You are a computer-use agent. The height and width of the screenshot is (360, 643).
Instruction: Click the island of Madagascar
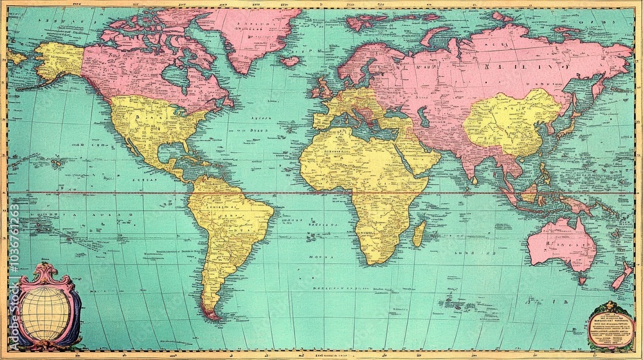(x=419, y=233)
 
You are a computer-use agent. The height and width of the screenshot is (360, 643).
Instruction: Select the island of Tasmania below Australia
(x=582, y=280)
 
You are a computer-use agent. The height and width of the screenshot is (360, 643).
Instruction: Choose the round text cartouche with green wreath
(x=610, y=325)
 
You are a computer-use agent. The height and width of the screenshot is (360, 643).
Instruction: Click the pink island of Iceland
(x=291, y=61)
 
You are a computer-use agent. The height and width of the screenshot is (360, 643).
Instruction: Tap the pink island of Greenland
(x=257, y=35)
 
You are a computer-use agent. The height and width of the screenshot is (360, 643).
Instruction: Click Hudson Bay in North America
(x=175, y=76)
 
